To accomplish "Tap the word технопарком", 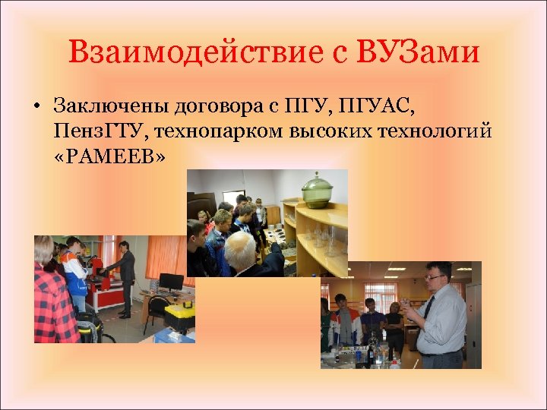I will pyautogui.click(x=218, y=131).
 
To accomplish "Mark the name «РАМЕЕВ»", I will pyautogui.click(x=109, y=157).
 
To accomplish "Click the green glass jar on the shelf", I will pyautogui.click(x=315, y=189).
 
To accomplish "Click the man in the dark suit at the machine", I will pyautogui.click(x=125, y=273).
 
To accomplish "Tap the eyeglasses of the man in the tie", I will pyautogui.click(x=435, y=278).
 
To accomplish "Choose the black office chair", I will pyautogui.click(x=157, y=311).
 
